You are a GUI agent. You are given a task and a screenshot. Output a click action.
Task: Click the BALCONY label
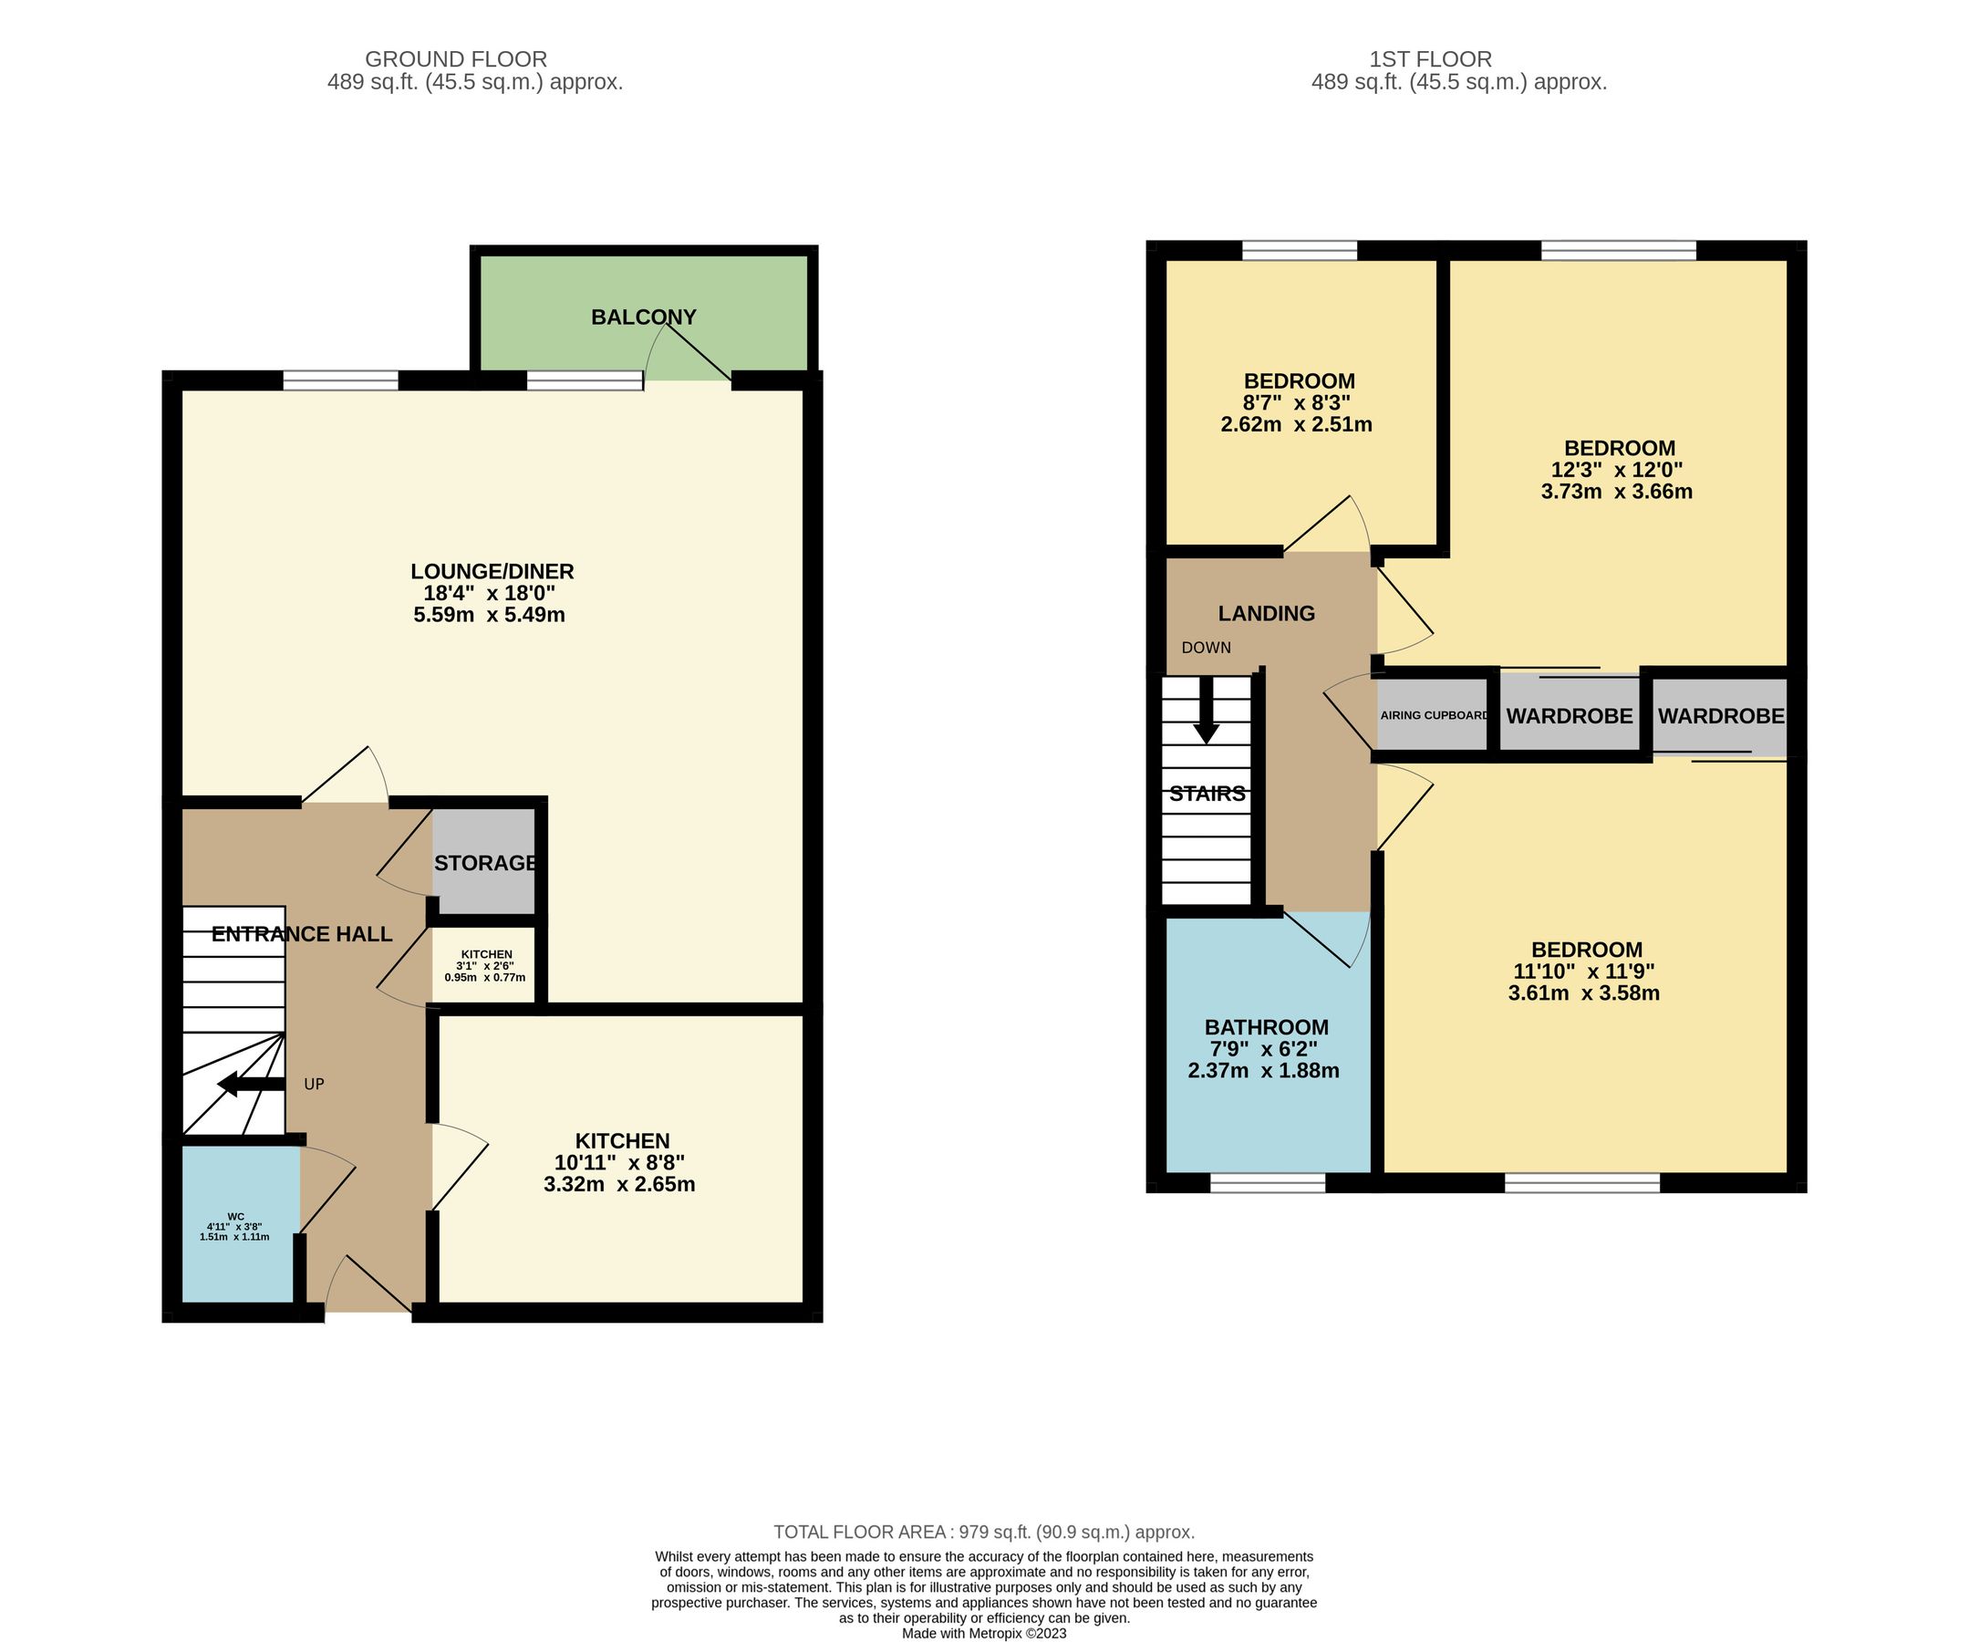click(643, 317)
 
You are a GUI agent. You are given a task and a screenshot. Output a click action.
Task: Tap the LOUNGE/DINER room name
click(492, 571)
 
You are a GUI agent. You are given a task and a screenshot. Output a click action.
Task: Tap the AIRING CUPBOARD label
click(1434, 715)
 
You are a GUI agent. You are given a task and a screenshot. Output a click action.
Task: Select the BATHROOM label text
click(1266, 1027)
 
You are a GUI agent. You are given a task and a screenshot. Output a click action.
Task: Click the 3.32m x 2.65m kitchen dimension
click(619, 1184)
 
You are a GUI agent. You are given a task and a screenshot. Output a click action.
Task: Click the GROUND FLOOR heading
click(456, 60)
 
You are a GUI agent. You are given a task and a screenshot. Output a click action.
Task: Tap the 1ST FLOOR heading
click(1430, 60)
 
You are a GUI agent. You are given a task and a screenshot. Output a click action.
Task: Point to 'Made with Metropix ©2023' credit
click(983, 1633)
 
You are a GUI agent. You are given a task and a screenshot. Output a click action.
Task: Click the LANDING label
click(1266, 613)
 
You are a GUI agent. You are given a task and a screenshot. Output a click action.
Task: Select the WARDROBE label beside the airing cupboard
click(1569, 715)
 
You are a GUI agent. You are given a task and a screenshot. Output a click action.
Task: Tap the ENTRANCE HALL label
click(302, 934)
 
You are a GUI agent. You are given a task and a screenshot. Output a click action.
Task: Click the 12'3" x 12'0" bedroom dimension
click(1616, 470)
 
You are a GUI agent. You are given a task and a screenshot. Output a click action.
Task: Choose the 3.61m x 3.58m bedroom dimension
click(1583, 993)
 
